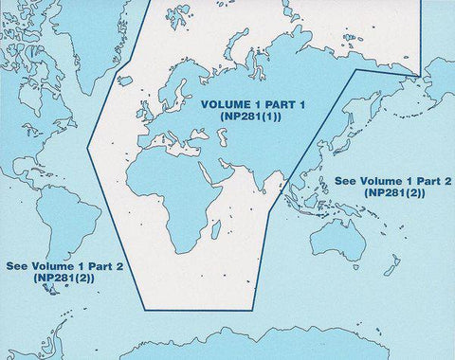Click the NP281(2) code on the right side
point(394,192)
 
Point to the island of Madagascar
point(216,228)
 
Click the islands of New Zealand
point(390,266)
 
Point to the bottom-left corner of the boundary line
point(146,309)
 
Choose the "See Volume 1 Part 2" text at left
point(64,266)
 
